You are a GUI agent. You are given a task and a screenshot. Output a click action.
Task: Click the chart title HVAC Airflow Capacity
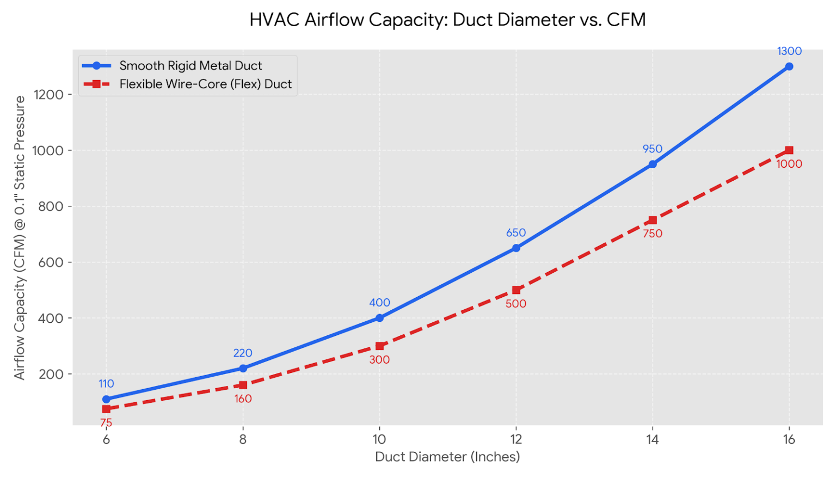[447, 20]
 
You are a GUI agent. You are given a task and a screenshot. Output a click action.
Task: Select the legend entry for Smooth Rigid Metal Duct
[190, 66]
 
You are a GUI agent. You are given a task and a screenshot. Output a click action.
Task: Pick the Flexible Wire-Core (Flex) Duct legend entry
[205, 84]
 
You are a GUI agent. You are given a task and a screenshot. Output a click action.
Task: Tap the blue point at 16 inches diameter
[789, 66]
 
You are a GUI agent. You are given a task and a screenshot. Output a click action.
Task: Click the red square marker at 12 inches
[516, 290]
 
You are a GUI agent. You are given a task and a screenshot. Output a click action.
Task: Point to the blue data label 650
[516, 233]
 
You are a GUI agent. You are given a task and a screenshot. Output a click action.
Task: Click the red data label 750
[653, 234]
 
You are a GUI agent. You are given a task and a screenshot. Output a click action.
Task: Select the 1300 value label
[789, 51]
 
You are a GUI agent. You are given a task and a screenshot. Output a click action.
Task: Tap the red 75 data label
[106, 423]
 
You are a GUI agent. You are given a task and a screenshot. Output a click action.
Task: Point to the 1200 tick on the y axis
[48, 95]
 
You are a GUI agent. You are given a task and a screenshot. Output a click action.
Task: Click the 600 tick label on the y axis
[51, 262]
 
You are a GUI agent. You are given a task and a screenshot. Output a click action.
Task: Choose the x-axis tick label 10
[379, 439]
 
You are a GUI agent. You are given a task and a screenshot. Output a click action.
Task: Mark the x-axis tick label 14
[653, 439]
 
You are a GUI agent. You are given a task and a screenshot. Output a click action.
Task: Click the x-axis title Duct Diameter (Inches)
[447, 457]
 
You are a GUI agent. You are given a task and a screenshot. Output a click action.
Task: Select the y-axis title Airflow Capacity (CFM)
[20, 237]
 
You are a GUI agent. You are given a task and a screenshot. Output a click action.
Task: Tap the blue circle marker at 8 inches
[243, 369]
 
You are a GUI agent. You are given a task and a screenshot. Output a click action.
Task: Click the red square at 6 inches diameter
[106, 409]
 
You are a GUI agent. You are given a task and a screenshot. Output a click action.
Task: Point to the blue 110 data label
[106, 384]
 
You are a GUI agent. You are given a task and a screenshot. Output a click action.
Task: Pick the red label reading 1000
[789, 164]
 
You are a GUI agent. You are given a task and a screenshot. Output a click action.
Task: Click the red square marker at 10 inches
[379, 346]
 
